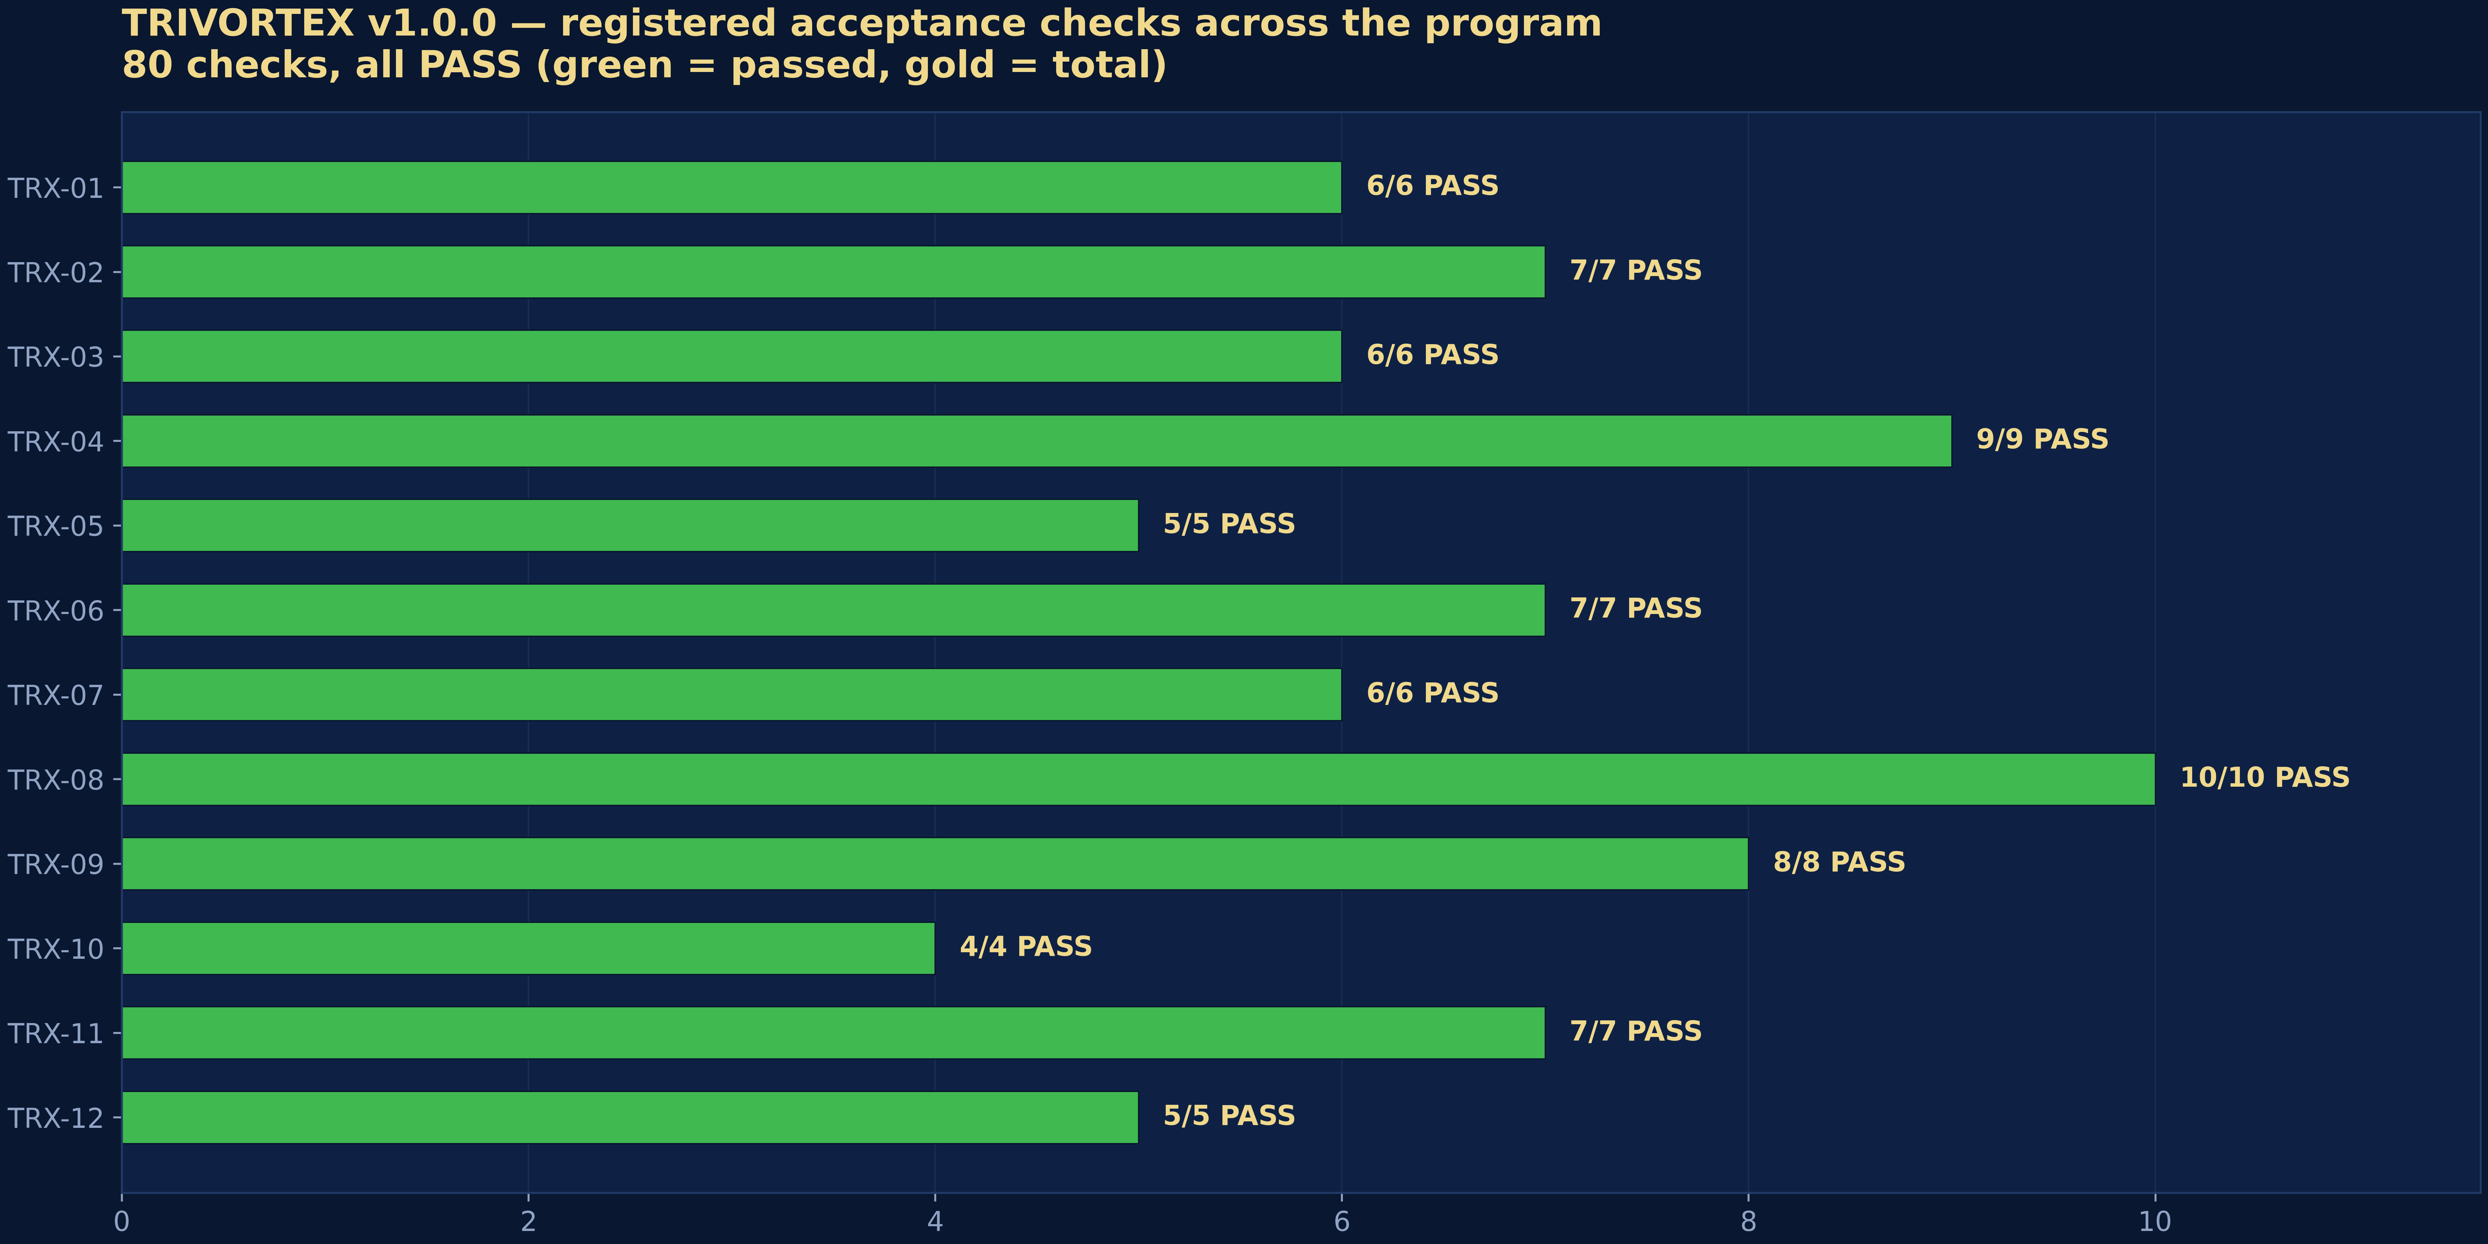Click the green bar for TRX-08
click(1138, 778)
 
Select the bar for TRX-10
click(528, 948)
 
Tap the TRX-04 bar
click(1036, 440)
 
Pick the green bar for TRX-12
click(630, 1117)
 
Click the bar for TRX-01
click(731, 187)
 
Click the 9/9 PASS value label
click(2042, 440)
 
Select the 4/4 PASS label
click(1026, 947)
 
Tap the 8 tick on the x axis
click(1748, 1221)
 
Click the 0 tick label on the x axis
click(122, 1221)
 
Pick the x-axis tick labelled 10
click(2155, 1221)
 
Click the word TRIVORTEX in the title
click(238, 23)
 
